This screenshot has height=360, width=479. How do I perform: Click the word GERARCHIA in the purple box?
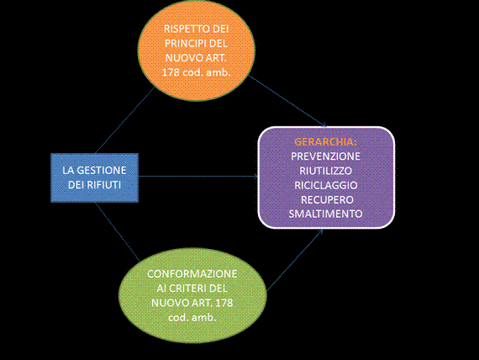(325, 142)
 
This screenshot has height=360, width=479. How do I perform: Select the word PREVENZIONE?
(325, 156)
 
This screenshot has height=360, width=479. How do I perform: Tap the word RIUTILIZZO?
(325, 171)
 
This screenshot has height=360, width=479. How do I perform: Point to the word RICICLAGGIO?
(326, 185)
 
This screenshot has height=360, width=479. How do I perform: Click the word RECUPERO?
(327, 199)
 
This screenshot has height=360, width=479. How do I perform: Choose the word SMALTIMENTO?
(325, 214)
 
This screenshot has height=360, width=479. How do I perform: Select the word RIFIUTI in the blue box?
(104, 185)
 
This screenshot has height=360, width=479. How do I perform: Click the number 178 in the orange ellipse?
(171, 72)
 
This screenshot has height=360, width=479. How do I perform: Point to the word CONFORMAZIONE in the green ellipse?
(192, 273)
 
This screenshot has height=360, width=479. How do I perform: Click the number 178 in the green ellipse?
(224, 303)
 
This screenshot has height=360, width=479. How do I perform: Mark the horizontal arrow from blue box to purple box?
(198, 176)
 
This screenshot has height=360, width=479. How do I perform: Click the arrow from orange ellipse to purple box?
(287, 100)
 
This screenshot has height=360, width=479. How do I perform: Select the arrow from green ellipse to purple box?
(295, 260)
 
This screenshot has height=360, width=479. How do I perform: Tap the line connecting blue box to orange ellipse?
(124, 120)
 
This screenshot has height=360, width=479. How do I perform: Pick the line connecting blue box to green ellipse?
(118, 232)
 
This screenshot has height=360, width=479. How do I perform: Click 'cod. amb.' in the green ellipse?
(192, 317)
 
